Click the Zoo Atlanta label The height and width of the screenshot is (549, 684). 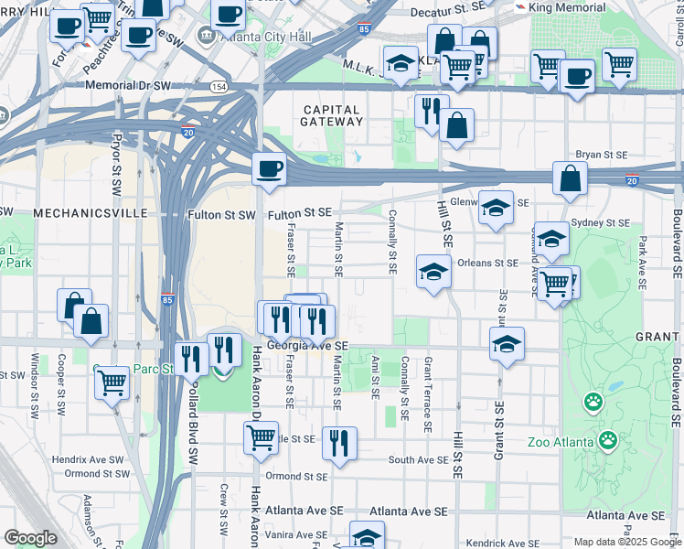tap(562, 442)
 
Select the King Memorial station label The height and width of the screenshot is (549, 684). tap(566, 6)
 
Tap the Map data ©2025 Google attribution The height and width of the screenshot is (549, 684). tap(626, 542)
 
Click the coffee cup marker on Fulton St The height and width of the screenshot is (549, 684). tap(269, 170)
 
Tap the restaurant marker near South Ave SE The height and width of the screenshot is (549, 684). tap(339, 443)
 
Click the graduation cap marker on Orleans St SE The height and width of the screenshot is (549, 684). tap(433, 272)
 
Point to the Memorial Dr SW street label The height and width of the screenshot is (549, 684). tap(129, 85)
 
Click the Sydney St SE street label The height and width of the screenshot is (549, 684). tap(600, 222)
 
